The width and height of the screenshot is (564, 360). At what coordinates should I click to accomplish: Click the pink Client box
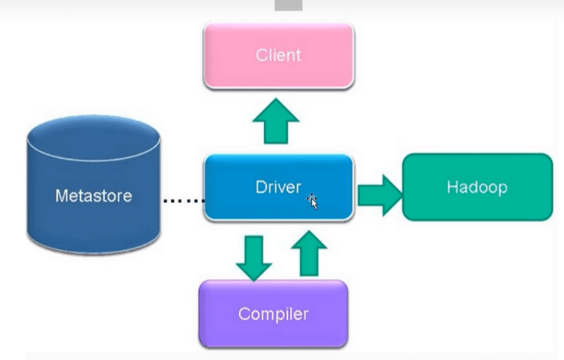pos(279,56)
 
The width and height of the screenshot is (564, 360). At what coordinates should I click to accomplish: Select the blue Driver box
pos(279,187)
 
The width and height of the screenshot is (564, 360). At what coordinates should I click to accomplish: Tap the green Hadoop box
pos(478,187)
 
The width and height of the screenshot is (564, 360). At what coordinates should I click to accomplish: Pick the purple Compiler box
pos(273,314)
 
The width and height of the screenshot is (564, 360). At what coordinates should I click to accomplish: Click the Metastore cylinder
pos(94,185)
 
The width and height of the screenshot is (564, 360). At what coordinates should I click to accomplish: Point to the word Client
pos(279,55)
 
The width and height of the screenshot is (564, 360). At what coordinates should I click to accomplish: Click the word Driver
pos(278,187)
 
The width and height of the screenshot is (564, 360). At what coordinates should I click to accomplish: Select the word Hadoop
pos(478,187)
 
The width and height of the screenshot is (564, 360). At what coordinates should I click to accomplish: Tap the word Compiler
pos(273,314)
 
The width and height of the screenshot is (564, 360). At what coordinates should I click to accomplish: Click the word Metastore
pos(94,196)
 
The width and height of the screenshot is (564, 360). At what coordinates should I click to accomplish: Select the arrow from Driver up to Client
pos(276,121)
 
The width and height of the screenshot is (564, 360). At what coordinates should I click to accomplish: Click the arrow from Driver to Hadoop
pos(380,196)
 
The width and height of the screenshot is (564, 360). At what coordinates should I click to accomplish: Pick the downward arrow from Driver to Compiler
pos(254,258)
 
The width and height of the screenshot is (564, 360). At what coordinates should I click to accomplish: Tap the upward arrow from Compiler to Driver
pos(309,253)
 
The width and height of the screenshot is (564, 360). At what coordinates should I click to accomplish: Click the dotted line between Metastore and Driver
pos(184,201)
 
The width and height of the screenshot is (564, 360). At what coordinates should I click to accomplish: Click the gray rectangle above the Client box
pos(289,5)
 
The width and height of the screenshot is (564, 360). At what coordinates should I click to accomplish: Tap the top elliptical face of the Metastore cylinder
pos(94,138)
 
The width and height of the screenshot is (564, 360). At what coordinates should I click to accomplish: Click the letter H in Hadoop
pos(452,187)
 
